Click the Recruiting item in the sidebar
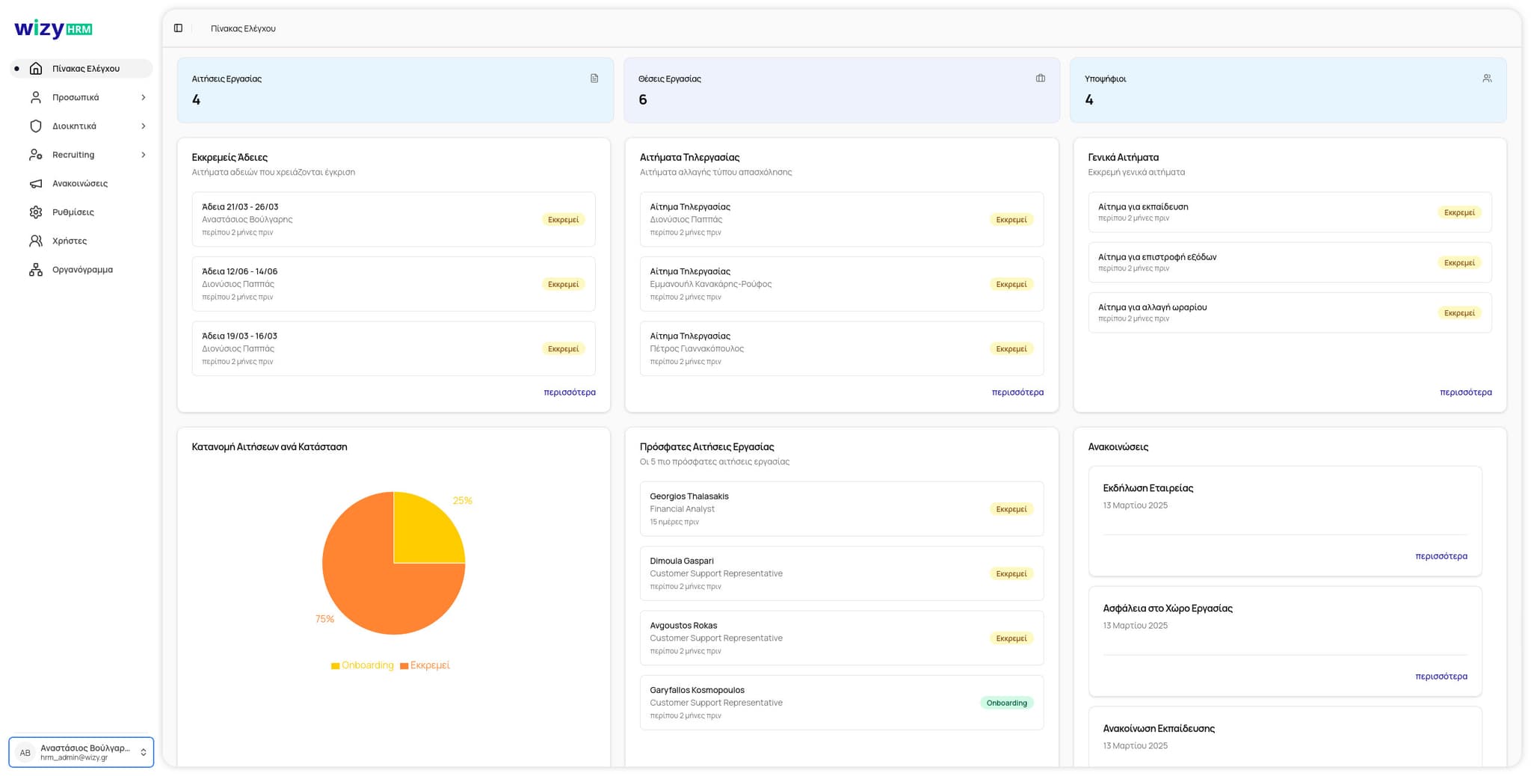pos(73,155)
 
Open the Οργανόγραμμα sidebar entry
pos(82,270)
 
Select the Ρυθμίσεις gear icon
pos(36,212)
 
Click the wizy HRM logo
pos(53,29)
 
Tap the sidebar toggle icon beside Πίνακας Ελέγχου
pos(178,28)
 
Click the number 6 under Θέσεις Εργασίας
pos(643,99)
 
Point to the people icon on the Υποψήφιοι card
pos(1487,78)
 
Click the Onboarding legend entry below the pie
pos(363,665)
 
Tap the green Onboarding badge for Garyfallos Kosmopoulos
pos(1006,703)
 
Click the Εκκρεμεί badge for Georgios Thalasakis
pos(1011,509)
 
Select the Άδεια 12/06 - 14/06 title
pos(239,271)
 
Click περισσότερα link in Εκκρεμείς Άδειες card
pos(569,392)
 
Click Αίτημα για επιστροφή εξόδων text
pos(1156,257)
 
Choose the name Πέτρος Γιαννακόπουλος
pos(696,349)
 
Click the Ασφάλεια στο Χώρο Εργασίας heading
pos(1167,609)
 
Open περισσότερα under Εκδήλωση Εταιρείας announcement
pos(1441,556)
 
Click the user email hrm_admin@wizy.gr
pos(74,757)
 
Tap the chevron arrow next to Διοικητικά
pos(144,126)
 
